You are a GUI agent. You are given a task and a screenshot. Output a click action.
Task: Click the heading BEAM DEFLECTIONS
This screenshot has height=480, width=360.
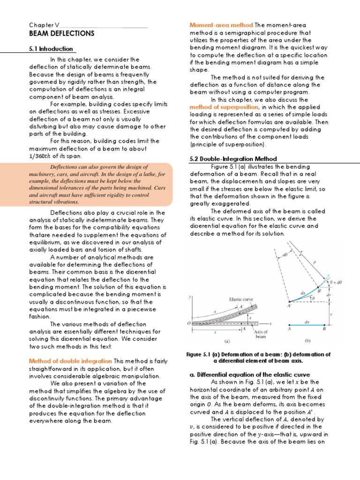tap(61, 34)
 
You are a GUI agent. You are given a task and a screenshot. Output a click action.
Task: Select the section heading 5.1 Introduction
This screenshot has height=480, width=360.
tap(51, 49)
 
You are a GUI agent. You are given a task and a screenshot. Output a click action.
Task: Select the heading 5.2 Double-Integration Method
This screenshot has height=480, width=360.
tap(233, 159)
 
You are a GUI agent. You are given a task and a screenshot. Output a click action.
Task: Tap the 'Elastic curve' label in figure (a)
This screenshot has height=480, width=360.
tap(241, 299)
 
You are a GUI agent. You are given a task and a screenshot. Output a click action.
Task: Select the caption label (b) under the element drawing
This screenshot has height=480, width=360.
tap(308, 341)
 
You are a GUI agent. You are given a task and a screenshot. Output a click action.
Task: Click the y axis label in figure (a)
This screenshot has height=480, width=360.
tap(189, 297)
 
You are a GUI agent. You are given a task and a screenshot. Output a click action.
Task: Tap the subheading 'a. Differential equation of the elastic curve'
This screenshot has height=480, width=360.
tap(249, 375)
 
